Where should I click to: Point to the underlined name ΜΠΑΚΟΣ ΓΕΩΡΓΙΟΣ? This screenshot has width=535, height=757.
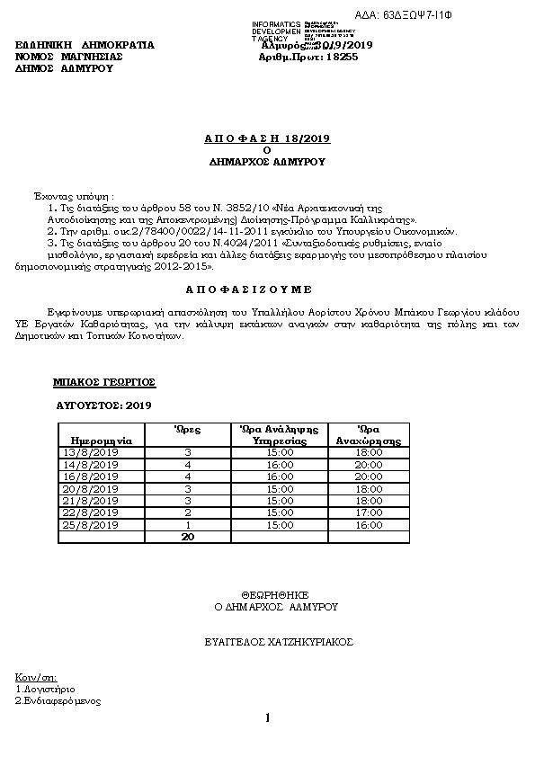(105, 382)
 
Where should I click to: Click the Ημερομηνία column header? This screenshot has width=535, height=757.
(102, 441)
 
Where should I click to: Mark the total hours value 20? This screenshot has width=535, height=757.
(188, 537)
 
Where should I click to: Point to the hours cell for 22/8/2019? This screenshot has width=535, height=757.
(188, 512)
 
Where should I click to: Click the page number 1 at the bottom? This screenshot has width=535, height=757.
(267, 717)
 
